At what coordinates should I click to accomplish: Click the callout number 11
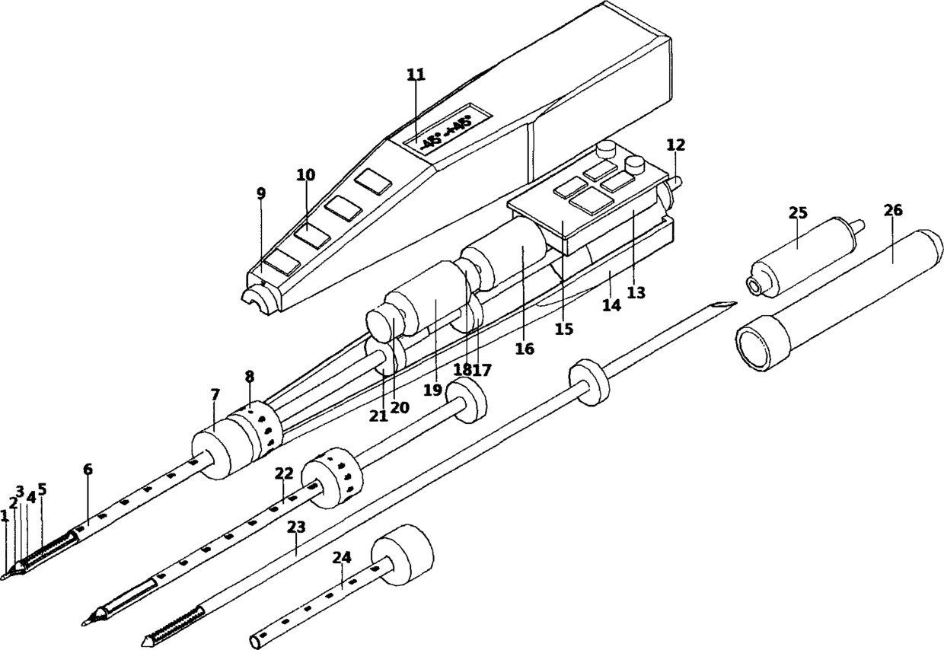click(416, 75)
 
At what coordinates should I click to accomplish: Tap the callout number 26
click(893, 211)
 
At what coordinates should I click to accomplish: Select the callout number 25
click(797, 212)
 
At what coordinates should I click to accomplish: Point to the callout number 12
click(675, 145)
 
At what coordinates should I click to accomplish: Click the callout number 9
click(261, 193)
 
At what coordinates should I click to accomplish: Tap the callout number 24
click(342, 558)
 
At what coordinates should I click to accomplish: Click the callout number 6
click(88, 470)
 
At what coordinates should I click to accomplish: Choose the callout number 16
click(525, 349)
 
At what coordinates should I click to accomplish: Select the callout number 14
click(611, 305)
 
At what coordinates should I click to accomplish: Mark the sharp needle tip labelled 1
click(5, 576)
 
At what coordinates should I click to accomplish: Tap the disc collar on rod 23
click(591, 384)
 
